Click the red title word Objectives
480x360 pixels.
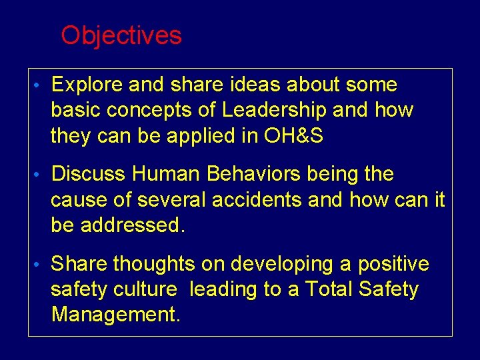pos(121,35)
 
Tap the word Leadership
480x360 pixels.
pos(274,110)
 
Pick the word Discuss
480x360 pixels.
pos(89,174)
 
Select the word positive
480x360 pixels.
pos(393,264)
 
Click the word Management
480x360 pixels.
pos(115,314)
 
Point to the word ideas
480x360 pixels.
pos(258,85)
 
